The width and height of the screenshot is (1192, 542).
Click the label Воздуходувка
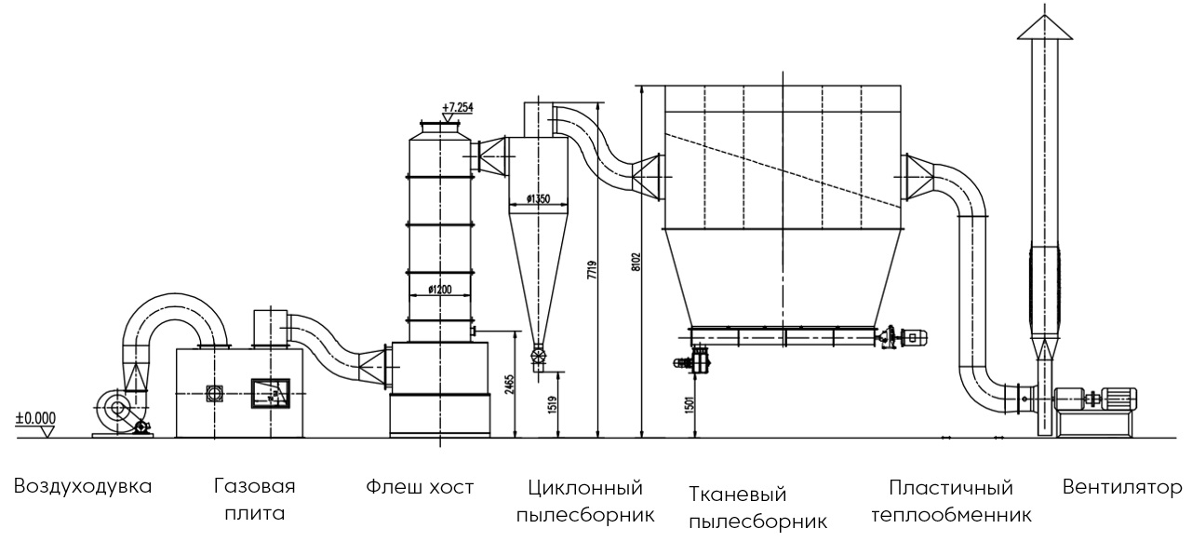(x=83, y=486)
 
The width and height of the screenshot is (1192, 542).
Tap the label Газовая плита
(x=254, y=499)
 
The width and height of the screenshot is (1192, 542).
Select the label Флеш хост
(x=420, y=486)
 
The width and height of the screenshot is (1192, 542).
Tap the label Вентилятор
(x=1122, y=486)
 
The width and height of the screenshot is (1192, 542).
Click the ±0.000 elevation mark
(x=34, y=419)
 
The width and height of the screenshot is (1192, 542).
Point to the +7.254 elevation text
(x=458, y=107)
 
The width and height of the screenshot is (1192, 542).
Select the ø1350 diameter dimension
(x=540, y=198)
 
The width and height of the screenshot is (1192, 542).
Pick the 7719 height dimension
(x=590, y=270)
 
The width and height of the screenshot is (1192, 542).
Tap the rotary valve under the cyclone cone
(x=538, y=356)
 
